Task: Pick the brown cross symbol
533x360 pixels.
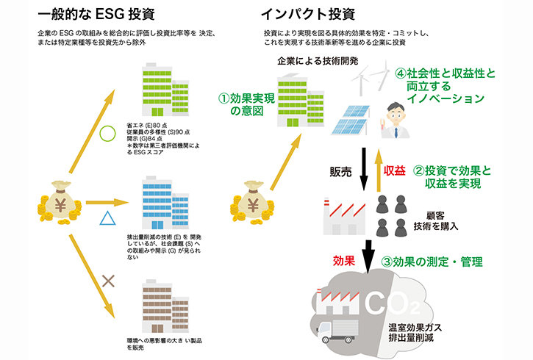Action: pyautogui.click(x=109, y=279)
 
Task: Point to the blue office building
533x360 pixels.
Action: pyautogui.click(x=163, y=201)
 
